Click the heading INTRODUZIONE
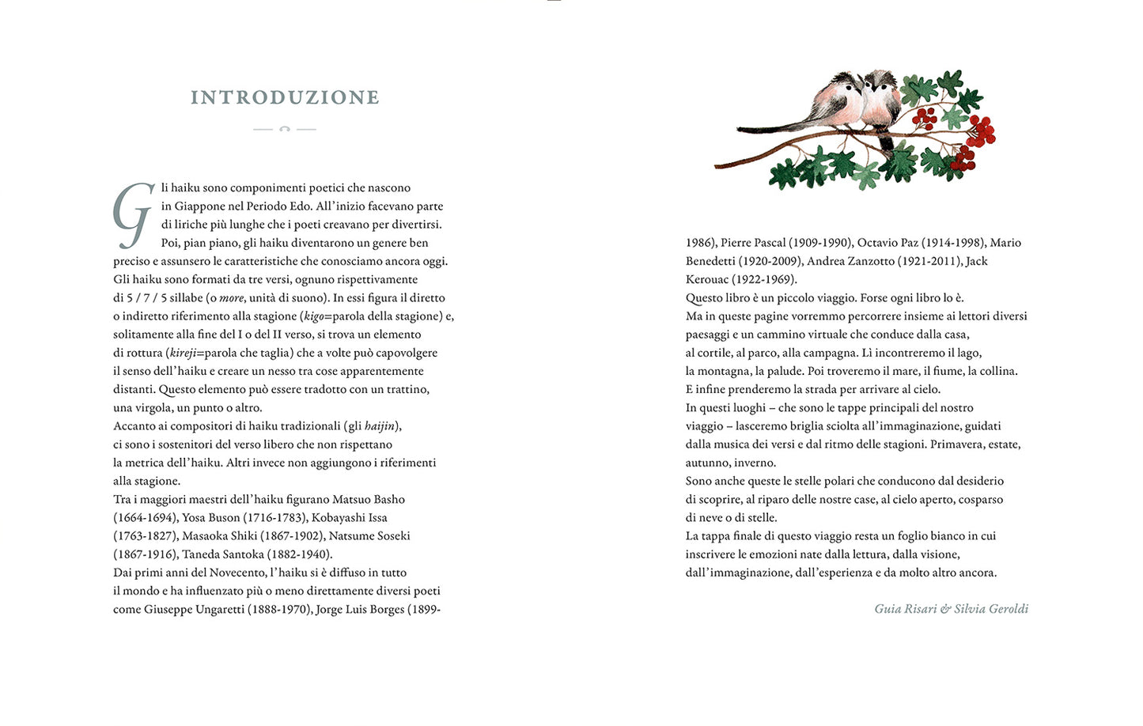(285, 97)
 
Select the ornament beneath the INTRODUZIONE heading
(285, 129)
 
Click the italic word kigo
(314, 316)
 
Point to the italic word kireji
(183, 353)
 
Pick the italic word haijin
(380, 426)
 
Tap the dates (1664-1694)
(146, 518)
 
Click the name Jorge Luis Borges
(360, 610)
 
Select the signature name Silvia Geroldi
(991, 609)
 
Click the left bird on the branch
(838, 99)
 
